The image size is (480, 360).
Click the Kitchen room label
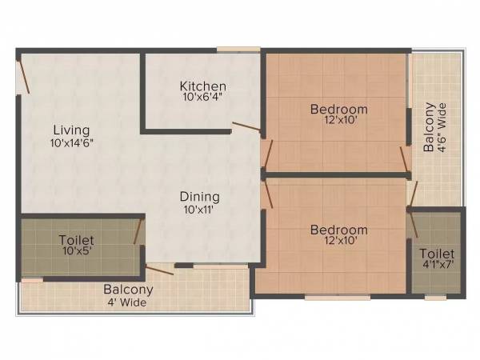pyautogui.click(x=202, y=86)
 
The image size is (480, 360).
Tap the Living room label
pyautogui.click(x=71, y=130)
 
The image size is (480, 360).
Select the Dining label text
pyautogui.click(x=200, y=197)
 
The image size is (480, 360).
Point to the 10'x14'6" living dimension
pyautogui.click(x=71, y=144)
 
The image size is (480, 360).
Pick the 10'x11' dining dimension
pyautogui.click(x=200, y=210)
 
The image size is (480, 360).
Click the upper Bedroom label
pyautogui.click(x=339, y=110)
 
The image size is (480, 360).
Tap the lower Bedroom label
pyautogui.click(x=339, y=230)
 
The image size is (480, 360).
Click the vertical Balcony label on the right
pyautogui.click(x=430, y=126)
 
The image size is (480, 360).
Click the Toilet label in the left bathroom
pyautogui.click(x=76, y=240)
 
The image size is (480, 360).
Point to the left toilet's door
pyautogui.click(x=138, y=230)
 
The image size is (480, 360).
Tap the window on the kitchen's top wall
pyautogui.click(x=238, y=50)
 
